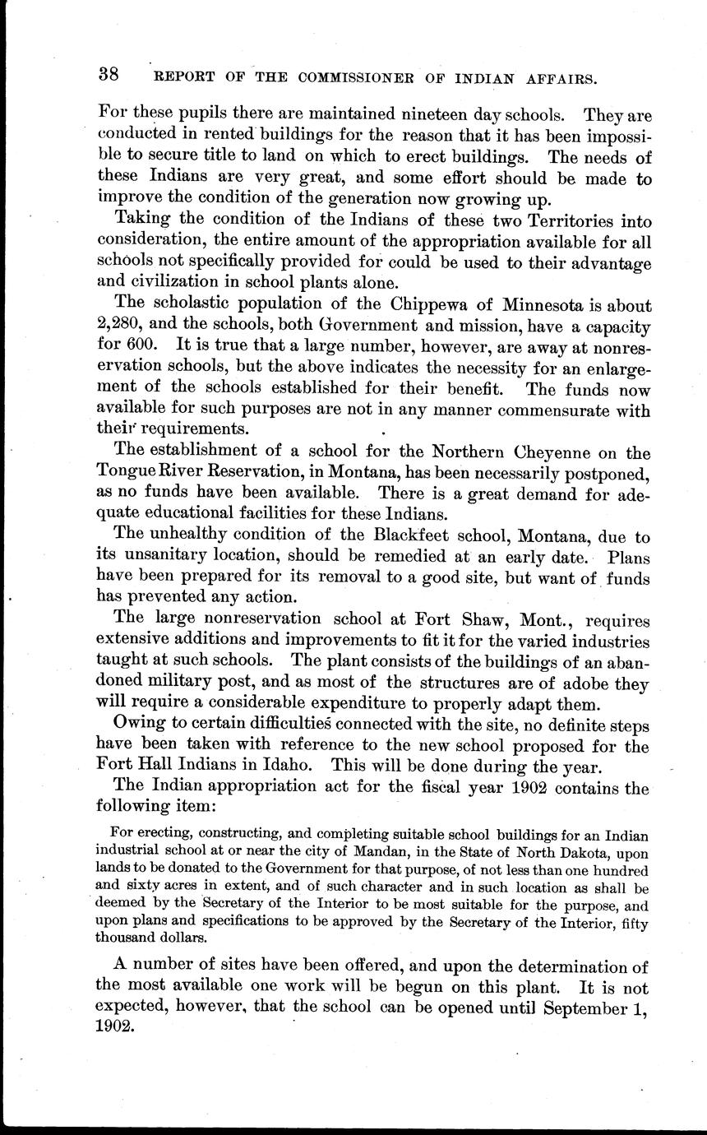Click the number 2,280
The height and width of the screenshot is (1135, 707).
tap(122, 326)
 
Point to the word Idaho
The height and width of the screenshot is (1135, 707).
tap(289, 767)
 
